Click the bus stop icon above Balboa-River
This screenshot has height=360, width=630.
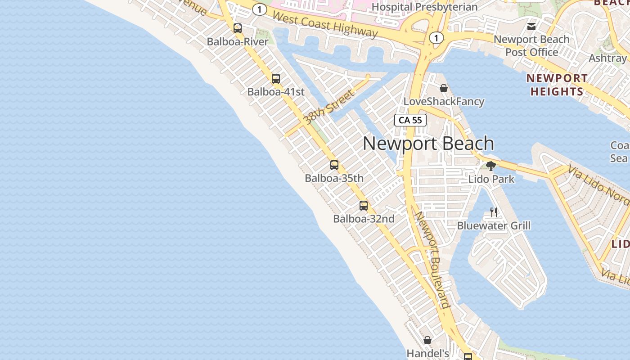coord(238,28)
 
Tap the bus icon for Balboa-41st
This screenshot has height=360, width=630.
coord(276,79)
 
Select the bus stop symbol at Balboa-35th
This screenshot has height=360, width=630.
coord(334,165)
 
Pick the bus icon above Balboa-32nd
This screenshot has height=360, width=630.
coord(364,206)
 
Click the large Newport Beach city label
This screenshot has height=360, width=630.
coord(428,144)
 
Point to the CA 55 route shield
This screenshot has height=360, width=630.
coord(410,120)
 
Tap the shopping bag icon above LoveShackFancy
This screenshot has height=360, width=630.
coord(444,88)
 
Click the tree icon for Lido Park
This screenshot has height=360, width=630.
coord(491,166)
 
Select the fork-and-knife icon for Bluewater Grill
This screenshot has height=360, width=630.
coord(494,212)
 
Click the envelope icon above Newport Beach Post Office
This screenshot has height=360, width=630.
coord(531,26)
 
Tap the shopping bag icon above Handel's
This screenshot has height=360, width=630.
coord(427,340)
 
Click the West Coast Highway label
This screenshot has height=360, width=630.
coord(325,24)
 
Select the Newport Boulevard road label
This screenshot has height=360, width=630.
coord(432,260)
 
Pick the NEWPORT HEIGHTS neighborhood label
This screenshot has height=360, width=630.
coord(557,85)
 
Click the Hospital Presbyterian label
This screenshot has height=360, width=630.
coord(424,7)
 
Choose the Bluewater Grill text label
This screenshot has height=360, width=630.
coord(494,225)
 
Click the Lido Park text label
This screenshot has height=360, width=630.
coord(491,179)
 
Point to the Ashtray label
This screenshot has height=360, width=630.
coord(607,58)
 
